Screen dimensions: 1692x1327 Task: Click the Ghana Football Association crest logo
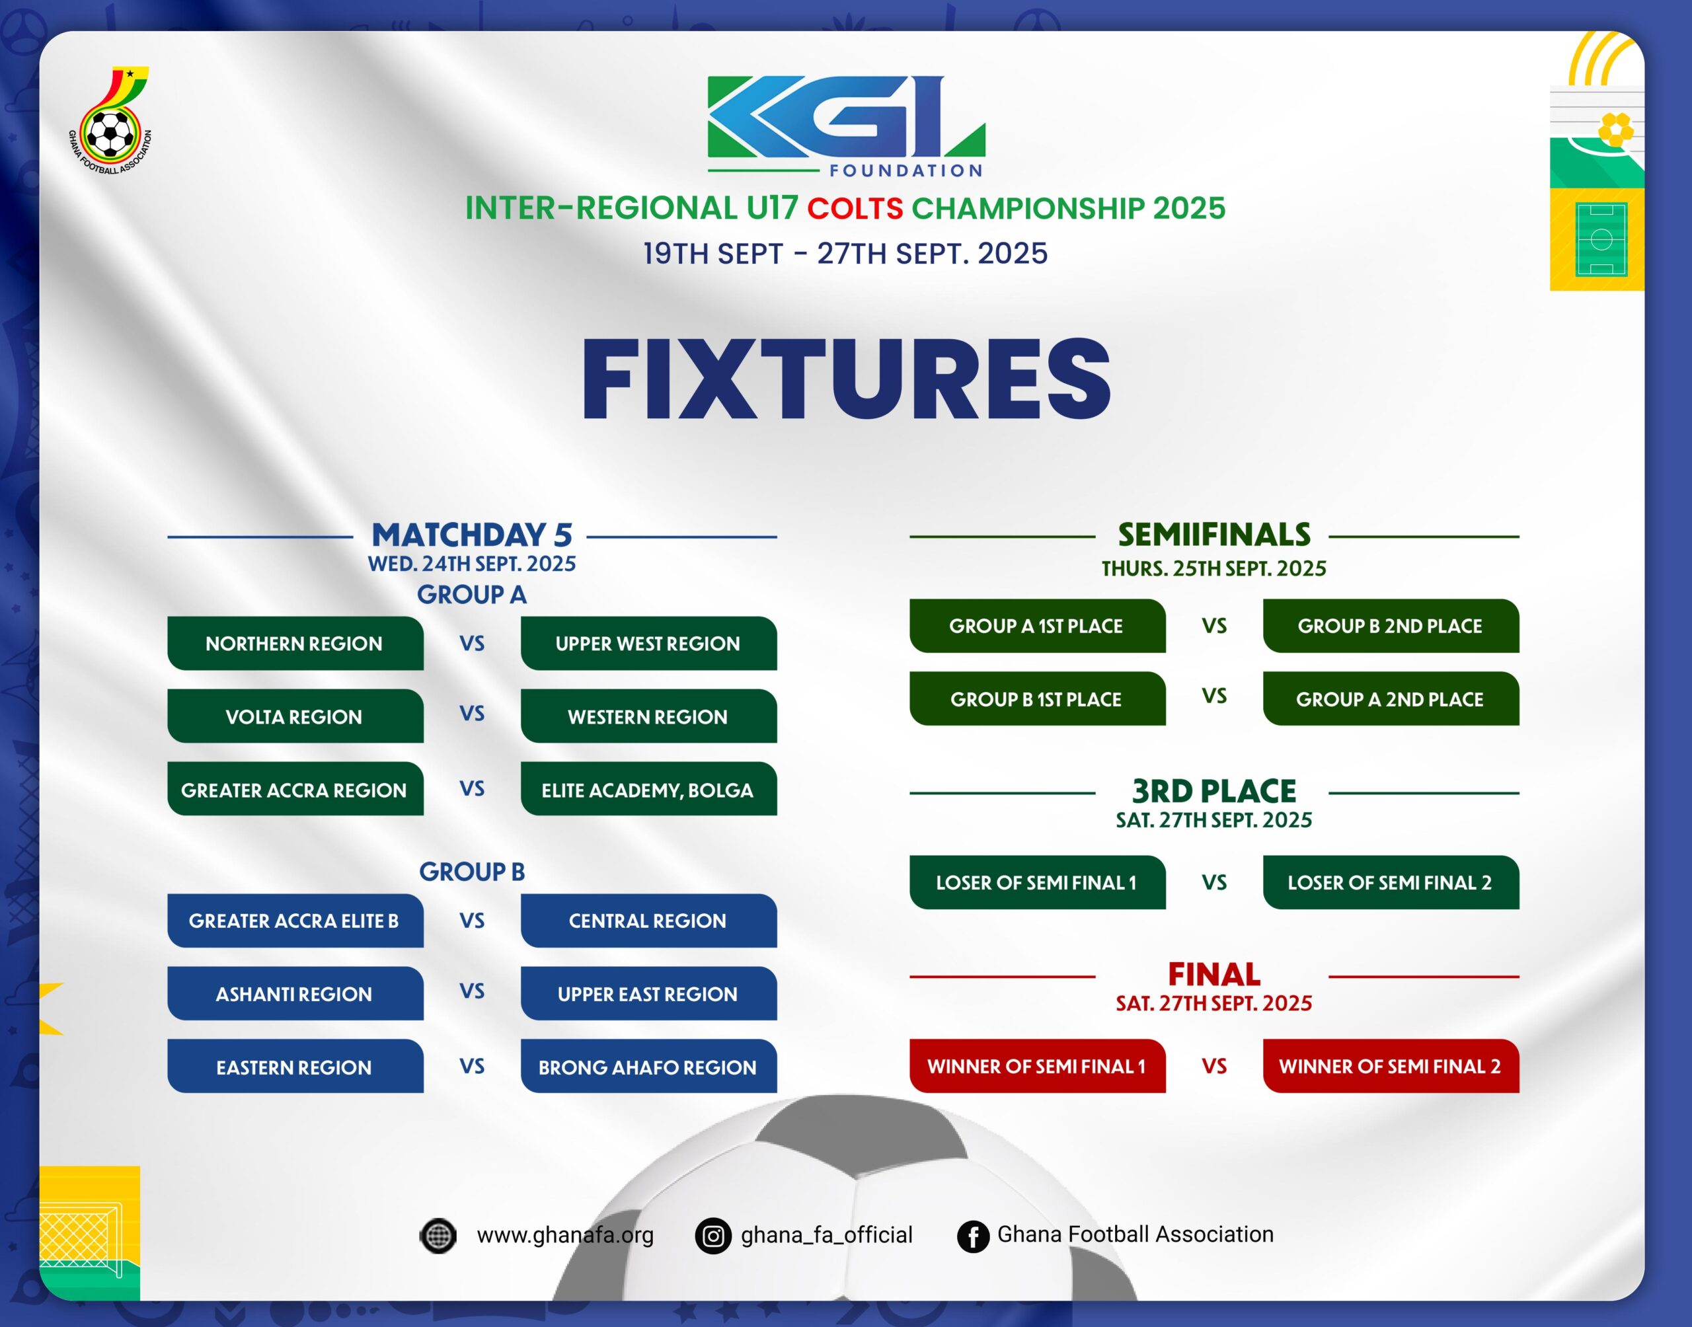tap(110, 120)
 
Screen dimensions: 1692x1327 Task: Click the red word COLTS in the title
tap(855, 208)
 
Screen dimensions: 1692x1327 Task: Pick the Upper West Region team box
tap(648, 643)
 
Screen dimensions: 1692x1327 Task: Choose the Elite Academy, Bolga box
tap(648, 788)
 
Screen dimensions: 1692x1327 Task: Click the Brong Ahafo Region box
tap(648, 1066)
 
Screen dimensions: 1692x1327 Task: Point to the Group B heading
tap(473, 872)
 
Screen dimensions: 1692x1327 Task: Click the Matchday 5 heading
tap(473, 535)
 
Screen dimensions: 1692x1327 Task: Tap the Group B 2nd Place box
tap(1391, 625)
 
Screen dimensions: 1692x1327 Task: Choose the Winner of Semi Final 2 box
tap(1391, 1066)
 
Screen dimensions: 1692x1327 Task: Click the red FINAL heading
tap(1214, 974)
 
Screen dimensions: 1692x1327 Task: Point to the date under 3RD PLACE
tap(1214, 819)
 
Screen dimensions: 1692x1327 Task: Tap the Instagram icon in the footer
tap(713, 1235)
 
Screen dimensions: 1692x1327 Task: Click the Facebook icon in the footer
tap(973, 1235)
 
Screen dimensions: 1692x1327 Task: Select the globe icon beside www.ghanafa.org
tap(438, 1235)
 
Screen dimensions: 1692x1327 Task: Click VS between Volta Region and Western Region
tap(473, 713)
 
